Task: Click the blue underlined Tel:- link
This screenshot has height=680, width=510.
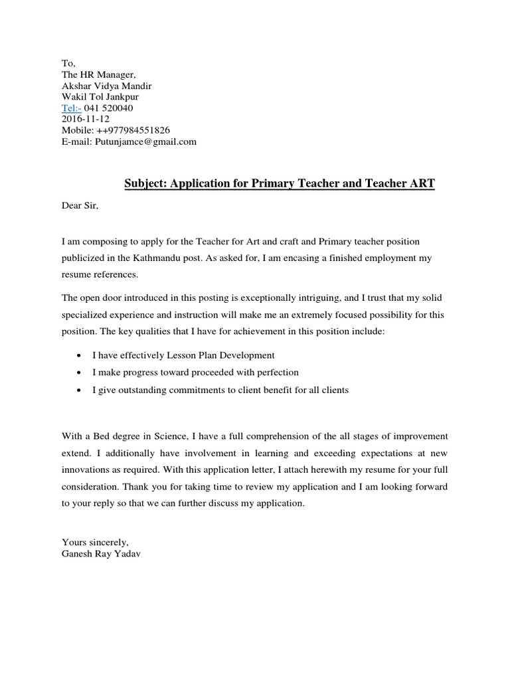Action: (x=71, y=108)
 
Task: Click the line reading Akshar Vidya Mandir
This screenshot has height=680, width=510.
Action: (x=106, y=86)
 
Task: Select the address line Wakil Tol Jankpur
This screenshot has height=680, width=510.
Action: (x=100, y=97)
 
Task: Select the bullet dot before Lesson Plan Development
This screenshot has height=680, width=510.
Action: (x=80, y=355)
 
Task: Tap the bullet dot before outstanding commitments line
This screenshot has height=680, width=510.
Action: (x=80, y=390)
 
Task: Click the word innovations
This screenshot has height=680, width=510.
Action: (x=88, y=469)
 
